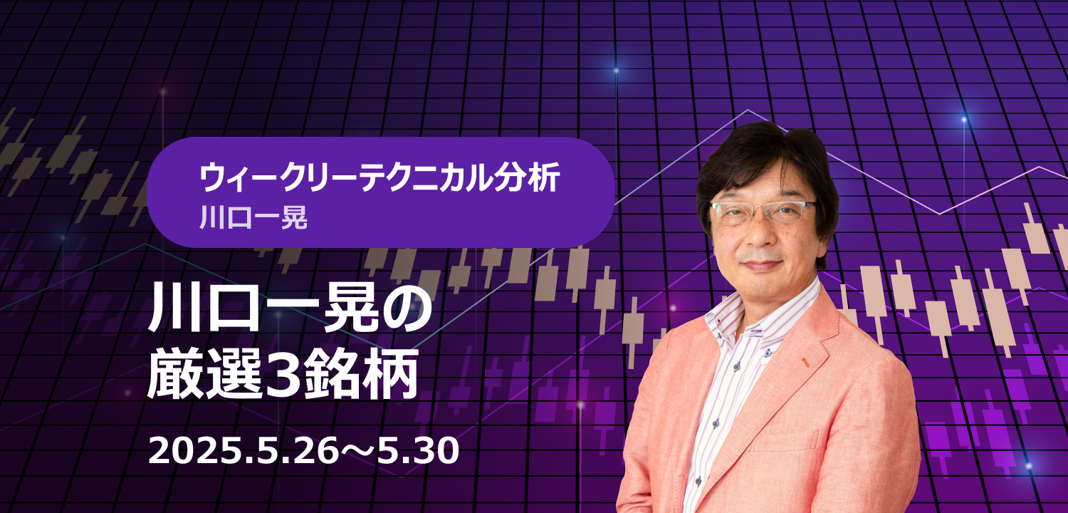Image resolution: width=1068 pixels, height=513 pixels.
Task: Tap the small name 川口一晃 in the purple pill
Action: click(x=253, y=217)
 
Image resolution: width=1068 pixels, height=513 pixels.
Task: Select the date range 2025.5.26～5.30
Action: click(x=303, y=451)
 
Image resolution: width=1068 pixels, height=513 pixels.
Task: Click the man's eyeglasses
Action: click(x=763, y=212)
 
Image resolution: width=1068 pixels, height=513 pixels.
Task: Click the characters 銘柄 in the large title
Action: click(x=360, y=375)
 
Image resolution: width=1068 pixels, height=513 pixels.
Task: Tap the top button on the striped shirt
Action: click(x=768, y=353)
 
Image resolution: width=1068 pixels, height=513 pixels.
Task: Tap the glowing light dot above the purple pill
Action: click(x=616, y=71)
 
